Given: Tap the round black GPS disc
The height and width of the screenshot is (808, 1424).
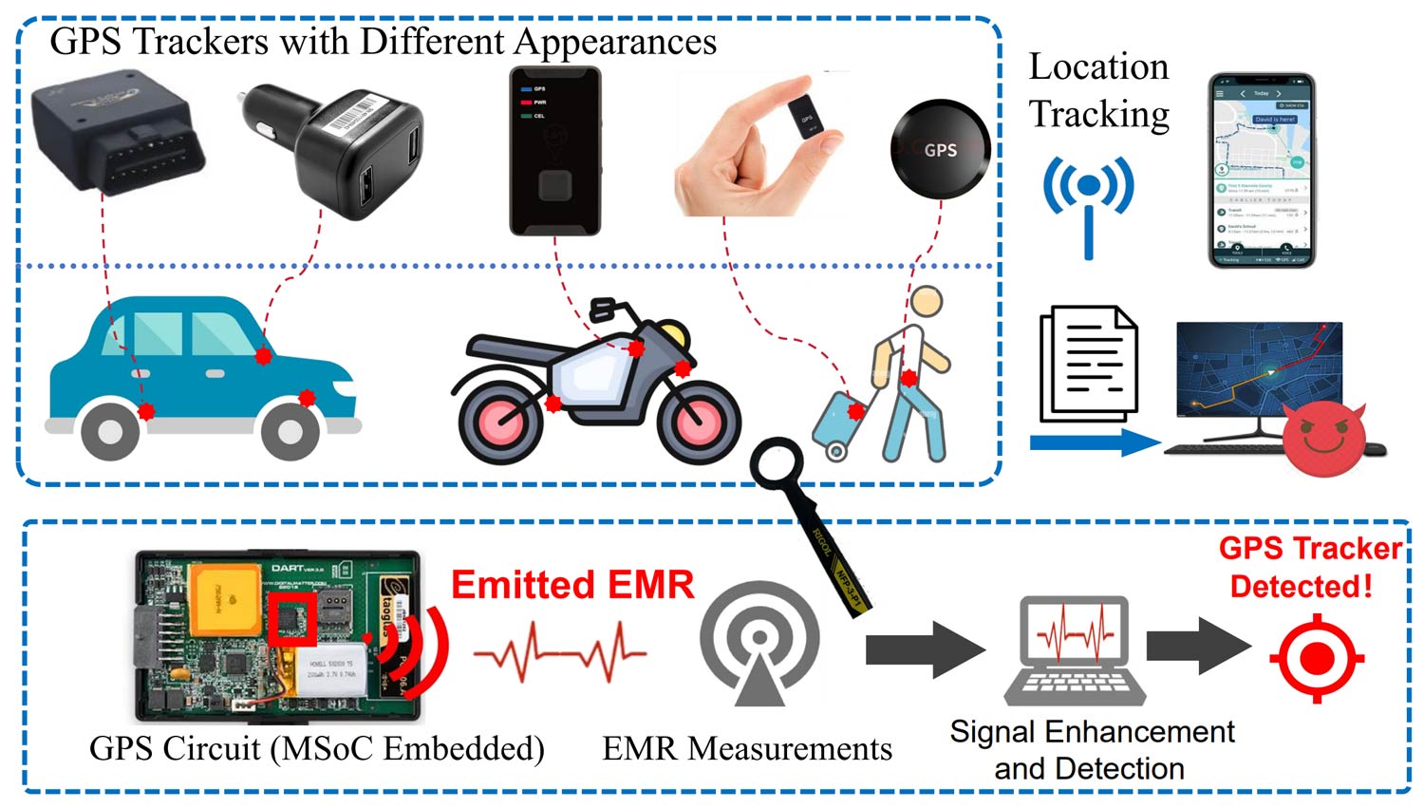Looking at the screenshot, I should pos(940,150).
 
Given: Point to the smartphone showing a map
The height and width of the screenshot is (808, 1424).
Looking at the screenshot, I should pos(1261,171).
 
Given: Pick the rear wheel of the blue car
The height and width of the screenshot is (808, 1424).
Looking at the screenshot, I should pos(110,430).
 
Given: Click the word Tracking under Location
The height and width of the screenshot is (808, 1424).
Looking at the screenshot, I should pos(1099,114).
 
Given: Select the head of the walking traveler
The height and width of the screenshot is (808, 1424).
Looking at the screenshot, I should pos(927,303).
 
